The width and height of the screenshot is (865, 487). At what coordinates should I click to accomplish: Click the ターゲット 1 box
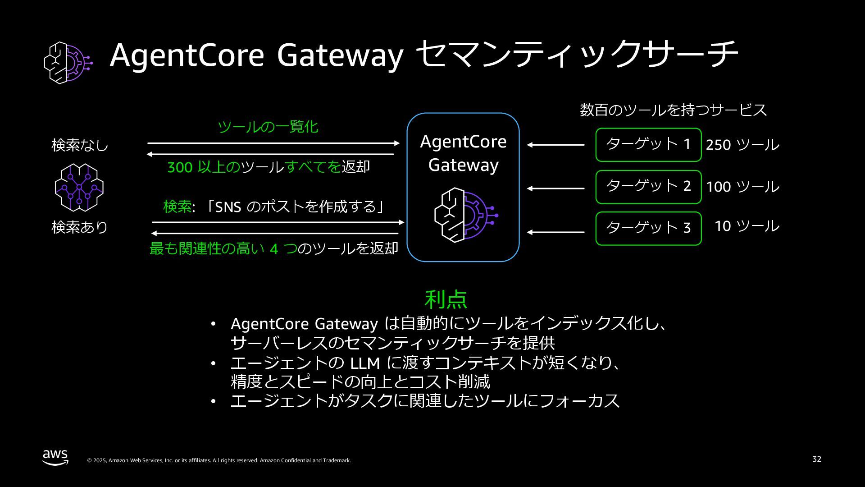click(648, 145)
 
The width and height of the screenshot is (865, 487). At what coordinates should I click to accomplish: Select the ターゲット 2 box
click(648, 187)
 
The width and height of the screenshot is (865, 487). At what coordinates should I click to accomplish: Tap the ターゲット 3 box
click(648, 229)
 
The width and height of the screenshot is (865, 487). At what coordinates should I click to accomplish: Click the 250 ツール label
click(742, 145)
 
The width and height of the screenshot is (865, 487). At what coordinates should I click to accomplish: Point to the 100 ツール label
click(742, 187)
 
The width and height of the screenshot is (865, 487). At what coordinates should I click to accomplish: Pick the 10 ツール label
click(747, 226)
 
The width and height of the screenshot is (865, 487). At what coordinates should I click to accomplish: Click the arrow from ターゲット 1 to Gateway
click(555, 145)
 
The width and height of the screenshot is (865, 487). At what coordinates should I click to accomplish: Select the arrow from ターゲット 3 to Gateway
click(555, 232)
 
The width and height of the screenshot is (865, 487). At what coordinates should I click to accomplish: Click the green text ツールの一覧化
click(268, 127)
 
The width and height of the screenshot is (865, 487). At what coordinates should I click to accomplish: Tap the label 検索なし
click(80, 145)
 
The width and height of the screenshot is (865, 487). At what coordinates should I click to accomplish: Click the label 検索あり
click(80, 227)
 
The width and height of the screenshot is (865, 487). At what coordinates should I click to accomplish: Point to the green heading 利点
click(446, 299)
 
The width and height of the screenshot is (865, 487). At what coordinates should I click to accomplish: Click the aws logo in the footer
click(55, 457)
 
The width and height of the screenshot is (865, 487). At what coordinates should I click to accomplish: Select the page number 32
click(816, 459)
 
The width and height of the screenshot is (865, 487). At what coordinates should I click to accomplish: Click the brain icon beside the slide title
click(68, 63)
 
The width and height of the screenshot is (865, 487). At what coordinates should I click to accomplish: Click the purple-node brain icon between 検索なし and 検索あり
click(79, 187)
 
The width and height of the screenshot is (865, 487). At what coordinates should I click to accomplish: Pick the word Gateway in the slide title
click(340, 55)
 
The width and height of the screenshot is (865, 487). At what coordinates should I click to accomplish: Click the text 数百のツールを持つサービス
click(673, 110)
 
